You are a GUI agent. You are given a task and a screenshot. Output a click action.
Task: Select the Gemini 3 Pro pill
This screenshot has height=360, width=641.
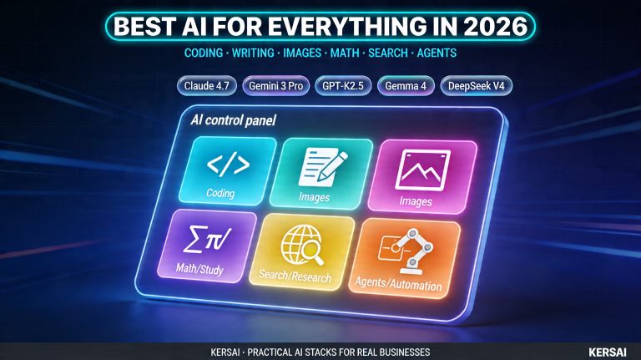tap(275, 86)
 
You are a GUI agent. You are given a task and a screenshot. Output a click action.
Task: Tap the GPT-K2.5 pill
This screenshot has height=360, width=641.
tap(341, 86)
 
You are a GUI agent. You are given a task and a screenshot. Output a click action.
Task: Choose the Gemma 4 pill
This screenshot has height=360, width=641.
tap(406, 86)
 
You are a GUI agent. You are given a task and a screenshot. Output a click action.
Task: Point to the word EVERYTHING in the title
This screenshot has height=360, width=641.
tap(334, 27)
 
